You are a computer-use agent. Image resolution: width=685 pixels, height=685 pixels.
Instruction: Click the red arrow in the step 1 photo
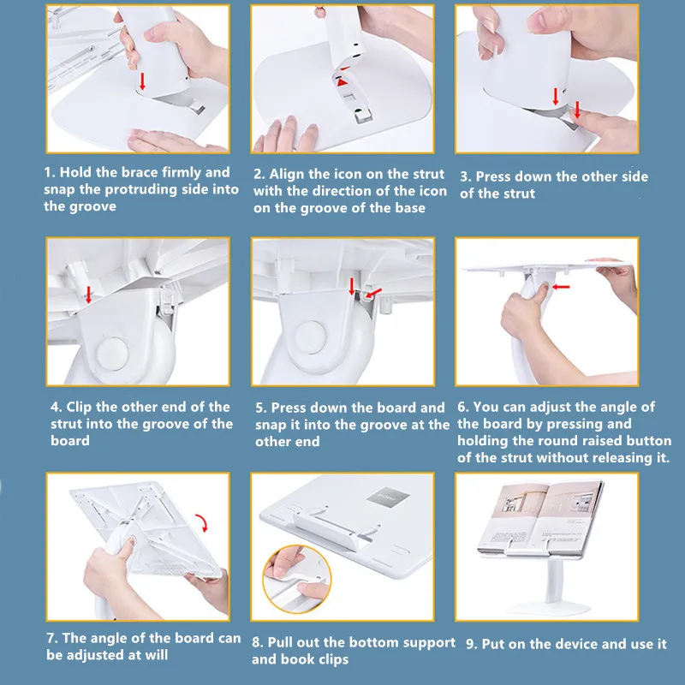point(142,81)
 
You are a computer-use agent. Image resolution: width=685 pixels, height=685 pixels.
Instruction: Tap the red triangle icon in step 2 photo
point(342,82)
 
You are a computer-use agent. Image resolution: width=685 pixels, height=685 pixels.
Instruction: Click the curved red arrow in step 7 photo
point(202,522)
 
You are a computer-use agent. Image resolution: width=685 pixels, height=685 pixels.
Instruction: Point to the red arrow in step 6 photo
point(561,287)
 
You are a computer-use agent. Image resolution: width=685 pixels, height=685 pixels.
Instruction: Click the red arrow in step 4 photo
point(89,295)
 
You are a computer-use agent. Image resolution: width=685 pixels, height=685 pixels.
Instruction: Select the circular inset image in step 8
point(297,579)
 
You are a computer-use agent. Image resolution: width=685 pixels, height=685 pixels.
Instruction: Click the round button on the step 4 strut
point(112,354)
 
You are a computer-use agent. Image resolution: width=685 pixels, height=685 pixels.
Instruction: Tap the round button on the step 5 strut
point(310,337)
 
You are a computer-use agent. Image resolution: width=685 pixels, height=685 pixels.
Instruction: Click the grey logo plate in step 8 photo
point(388,496)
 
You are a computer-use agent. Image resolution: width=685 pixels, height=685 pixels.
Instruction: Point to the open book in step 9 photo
point(542,518)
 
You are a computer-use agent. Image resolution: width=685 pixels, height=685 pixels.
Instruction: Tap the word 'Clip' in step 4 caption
point(79,408)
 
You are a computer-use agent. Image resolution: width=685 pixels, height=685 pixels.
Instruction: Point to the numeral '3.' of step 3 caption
point(466,177)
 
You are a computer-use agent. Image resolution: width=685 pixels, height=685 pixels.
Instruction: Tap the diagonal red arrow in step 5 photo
point(373,293)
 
